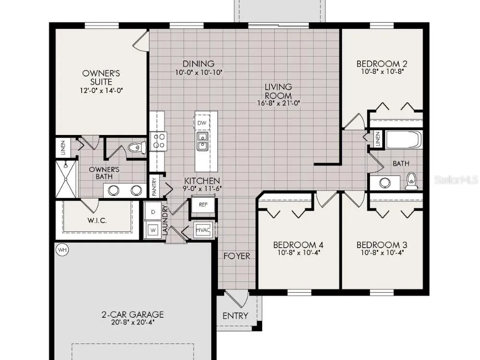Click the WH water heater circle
pos(62,250)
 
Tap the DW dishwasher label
pos(202,123)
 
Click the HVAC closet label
pos(203,230)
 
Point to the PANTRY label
pos(154,187)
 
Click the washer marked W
pos(153,230)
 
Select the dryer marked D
pos(153,212)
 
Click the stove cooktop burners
pos(158,141)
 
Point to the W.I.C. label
pos(97,220)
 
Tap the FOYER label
pos(237,256)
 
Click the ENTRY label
pos(235,316)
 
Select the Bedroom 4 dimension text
pos(298,253)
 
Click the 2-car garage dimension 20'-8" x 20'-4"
pos(132,323)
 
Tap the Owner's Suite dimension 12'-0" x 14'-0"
pos(101,90)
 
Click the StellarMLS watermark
pos(456,180)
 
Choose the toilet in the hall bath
pos(411,181)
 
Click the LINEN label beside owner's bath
pos(63,147)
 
